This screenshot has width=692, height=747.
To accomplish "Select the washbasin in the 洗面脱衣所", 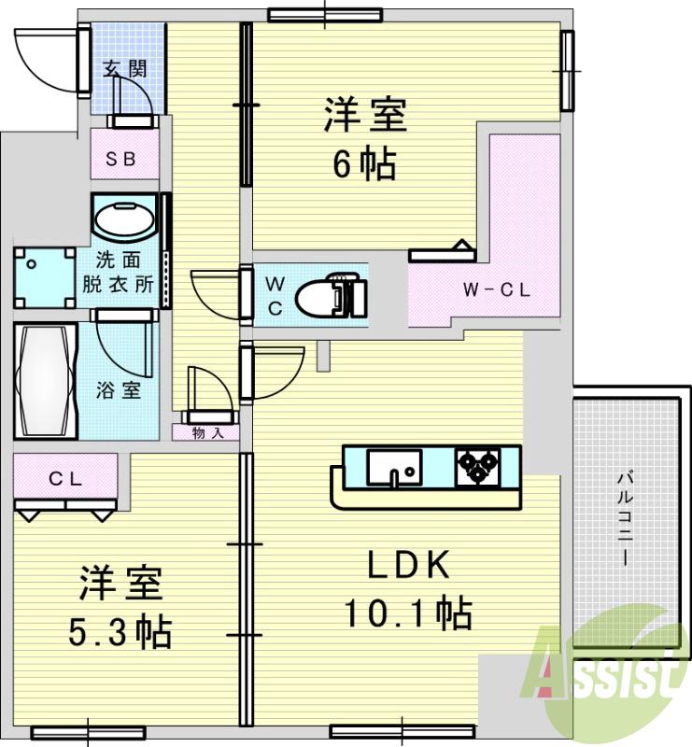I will click(124, 220).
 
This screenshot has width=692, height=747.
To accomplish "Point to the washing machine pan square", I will click(44, 275).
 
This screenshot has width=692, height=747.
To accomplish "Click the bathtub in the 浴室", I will click(44, 380).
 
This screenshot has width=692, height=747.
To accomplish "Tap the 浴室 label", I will click(119, 390).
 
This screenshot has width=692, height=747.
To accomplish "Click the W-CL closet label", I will click(497, 289).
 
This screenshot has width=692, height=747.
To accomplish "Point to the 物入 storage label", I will click(206, 432).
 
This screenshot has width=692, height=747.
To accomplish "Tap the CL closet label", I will click(66, 480).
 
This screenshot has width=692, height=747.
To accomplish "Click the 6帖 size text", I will click(364, 165).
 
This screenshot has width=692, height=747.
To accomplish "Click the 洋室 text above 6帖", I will click(364, 118).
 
